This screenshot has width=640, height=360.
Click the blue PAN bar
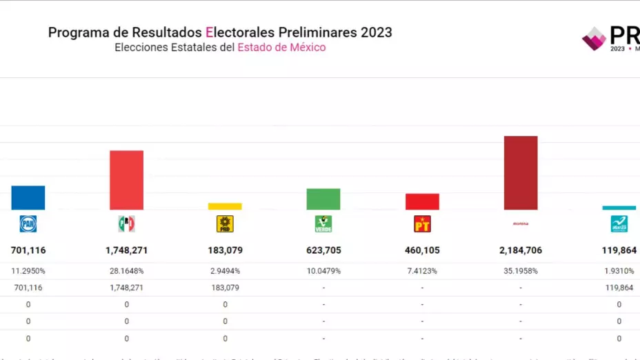tap(28, 198)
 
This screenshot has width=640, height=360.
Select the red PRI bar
tap(127, 180)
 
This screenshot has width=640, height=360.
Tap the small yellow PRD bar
tap(225, 206)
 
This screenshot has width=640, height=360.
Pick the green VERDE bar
tap(323, 199)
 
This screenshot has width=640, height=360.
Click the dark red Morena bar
tap(521, 173)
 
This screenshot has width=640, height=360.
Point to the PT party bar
tap(422, 201)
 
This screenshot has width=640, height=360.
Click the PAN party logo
tap(28, 223)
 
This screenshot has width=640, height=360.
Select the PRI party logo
tap(127, 223)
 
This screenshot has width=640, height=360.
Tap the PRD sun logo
tap(225, 223)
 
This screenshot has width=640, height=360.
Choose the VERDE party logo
tap(323, 223)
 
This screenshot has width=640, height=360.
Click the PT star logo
tap(422, 223)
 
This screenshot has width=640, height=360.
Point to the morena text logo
tap(521, 223)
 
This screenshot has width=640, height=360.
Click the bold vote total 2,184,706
tap(521, 250)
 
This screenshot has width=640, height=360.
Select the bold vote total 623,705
tap(323, 250)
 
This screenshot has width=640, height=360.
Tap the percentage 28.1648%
tap(127, 271)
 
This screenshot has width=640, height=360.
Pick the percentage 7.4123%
tap(422, 271)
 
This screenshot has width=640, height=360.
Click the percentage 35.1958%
tap(521, 271)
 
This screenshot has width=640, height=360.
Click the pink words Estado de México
tap(281, 48)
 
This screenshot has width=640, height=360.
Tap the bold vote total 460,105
tap(422, 250)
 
